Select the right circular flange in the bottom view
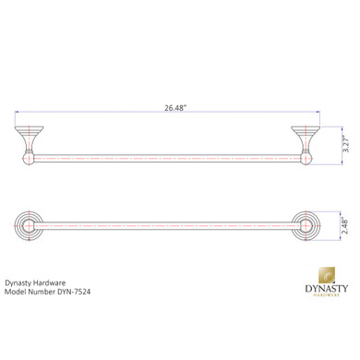306,225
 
